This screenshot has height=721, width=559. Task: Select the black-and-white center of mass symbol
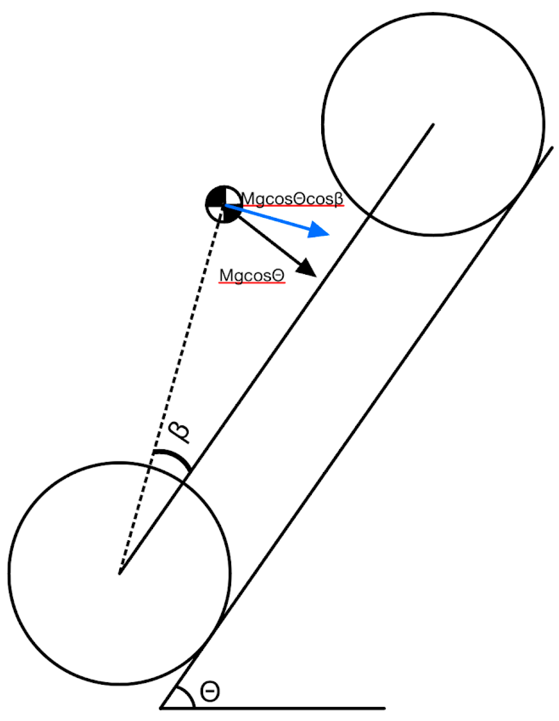pos(224,204)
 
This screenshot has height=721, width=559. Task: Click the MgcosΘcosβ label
pos(292,199)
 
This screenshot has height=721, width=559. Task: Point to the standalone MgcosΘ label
pos(252,275)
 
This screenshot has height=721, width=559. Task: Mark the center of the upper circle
pos(433,124)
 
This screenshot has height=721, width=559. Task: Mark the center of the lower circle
pos(119,573)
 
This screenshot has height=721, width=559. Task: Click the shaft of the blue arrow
pos(269,217)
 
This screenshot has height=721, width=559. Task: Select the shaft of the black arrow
pos(269,239)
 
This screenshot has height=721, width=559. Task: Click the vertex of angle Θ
pos(161,708)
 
